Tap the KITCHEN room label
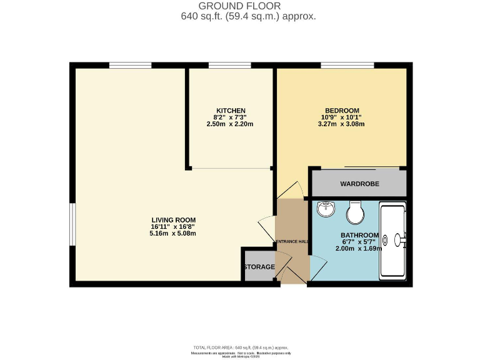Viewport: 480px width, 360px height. (226, 110)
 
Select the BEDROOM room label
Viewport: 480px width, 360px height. (337, 110)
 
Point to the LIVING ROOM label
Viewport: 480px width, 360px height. (173, 220)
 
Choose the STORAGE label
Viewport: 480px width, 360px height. (259, 267)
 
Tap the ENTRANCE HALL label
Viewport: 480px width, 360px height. (292, 241)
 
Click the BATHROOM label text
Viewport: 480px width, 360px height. (359, 235)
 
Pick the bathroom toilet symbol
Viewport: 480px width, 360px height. (356, 213)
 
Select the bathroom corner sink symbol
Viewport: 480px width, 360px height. (326, 210)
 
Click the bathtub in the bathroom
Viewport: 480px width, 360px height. (393, 240)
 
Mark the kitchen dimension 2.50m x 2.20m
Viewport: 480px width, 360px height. (229, 124)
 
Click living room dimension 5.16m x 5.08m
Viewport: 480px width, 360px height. (173, 234)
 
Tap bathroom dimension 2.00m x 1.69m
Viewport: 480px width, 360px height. (359, 249)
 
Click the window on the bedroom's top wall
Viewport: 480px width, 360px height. (347, 65)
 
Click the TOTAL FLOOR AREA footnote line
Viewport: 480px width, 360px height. (240, 347)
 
